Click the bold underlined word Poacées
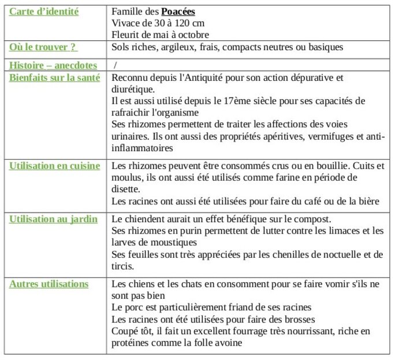coord(178,12)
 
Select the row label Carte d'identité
coord(44,12)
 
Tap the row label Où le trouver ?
coord(43,47)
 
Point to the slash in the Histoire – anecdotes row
coord(115,65)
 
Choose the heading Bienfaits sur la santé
coord(54,78)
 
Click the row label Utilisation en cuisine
coord(55,166)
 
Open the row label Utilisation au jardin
coord(53,219)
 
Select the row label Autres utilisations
coord(49,284)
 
